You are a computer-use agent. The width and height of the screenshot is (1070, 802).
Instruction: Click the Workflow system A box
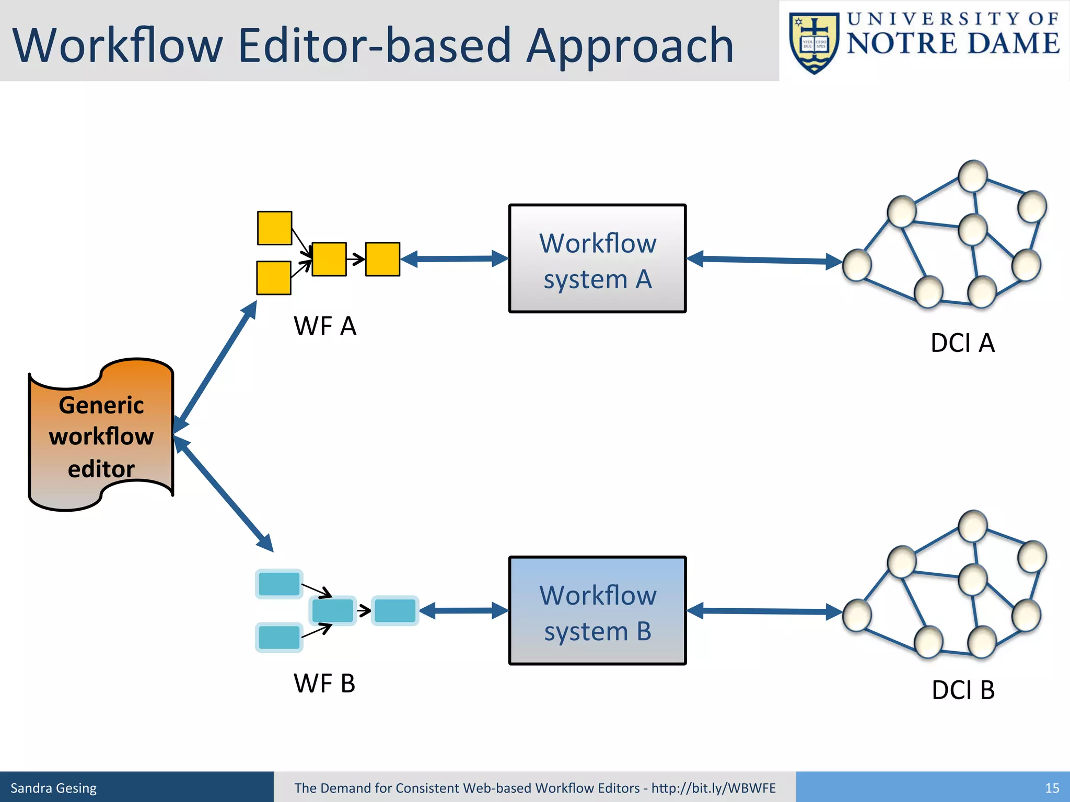597,259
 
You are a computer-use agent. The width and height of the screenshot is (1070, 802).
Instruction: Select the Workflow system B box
597,611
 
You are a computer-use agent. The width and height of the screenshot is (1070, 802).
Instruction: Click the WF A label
325,326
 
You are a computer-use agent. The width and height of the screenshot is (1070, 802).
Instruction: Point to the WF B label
324,683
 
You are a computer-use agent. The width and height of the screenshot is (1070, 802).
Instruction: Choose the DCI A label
962,343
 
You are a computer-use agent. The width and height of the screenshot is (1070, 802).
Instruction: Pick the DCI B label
963,690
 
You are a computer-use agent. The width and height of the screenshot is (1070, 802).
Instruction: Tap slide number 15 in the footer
1052,788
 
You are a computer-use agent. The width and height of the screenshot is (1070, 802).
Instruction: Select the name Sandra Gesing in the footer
53,788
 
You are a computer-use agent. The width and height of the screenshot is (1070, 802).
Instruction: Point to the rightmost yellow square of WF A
382,259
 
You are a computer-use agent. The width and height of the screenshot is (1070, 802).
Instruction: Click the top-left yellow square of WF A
274,228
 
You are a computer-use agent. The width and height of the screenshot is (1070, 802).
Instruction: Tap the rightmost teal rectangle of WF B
395,611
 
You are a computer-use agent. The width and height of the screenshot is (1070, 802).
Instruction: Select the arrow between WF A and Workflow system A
455,259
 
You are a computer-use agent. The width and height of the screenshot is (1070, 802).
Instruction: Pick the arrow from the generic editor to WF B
223,493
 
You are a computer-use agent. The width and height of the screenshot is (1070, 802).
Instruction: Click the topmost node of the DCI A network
972,176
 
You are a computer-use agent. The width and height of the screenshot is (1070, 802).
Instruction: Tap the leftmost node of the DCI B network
857,616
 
